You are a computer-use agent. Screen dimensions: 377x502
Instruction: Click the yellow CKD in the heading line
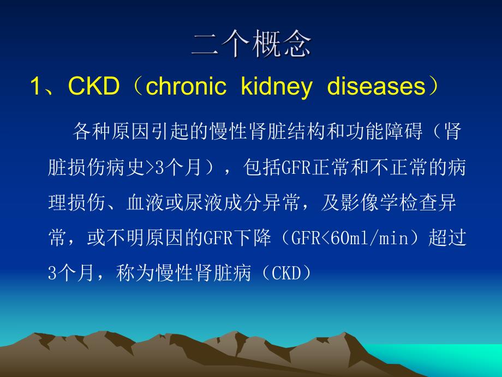93,87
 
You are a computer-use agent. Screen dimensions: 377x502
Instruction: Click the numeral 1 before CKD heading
36,87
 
